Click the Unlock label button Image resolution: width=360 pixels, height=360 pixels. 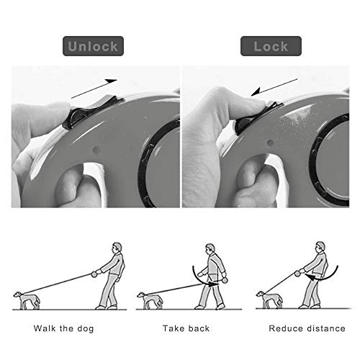[x=93, y=46]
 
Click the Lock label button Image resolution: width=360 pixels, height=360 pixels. [x=271, y=46]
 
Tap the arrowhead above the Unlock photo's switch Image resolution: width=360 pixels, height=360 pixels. [x=112, y=81]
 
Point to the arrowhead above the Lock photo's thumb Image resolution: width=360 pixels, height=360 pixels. [x=256, y=92]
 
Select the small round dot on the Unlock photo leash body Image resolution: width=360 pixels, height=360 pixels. [x=96, y=150]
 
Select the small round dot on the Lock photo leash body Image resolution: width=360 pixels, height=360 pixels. [x=271, y=143]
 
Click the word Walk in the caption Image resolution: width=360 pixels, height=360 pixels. [x=45, y=328]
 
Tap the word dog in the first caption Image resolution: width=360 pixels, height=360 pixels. [x=86, y=328]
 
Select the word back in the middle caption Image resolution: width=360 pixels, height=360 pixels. [x=199, y=328]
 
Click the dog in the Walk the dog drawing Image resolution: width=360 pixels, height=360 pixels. [x=27, y=300]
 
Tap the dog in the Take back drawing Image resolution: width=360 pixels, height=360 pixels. [x=150, y=300]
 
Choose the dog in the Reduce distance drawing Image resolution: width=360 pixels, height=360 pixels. [x=269, y=300]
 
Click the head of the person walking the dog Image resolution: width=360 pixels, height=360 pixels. [x=117, y=247]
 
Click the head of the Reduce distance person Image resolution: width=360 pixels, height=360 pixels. [x=320, y=247]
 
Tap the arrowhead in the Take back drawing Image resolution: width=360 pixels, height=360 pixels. [x=213, y=284]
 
